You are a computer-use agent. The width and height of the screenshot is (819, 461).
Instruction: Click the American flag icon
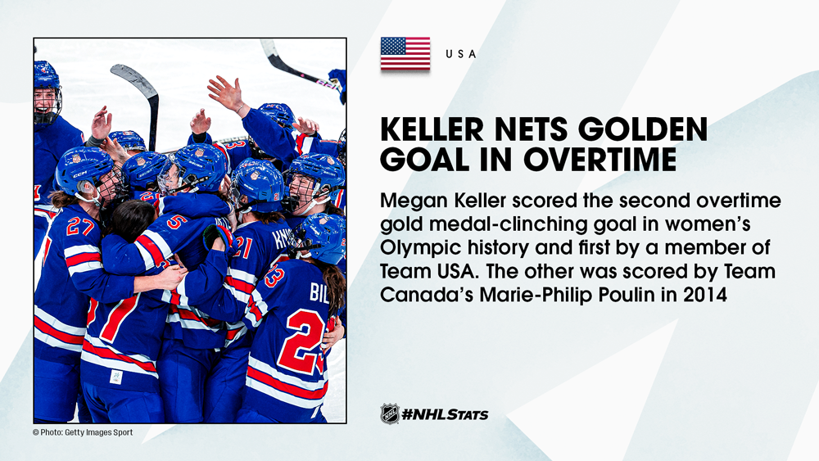click(x=405, y=53)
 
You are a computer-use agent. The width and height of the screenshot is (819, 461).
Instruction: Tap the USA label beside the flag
click(x=460, y=54)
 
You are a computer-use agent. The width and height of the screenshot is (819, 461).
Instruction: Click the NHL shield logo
click(x=390, y=414)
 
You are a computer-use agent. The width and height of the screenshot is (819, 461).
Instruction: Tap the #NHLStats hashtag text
click(x=445, y=414)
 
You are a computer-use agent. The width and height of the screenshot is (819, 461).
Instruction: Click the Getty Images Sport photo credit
click(x=83, y=432)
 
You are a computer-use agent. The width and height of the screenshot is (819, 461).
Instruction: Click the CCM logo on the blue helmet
click(x=80, y=174)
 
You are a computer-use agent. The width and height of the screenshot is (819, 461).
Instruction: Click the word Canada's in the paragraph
click(x=427, y=295)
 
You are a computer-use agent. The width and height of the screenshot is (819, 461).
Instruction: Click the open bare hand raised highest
click(x=226, y=93)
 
